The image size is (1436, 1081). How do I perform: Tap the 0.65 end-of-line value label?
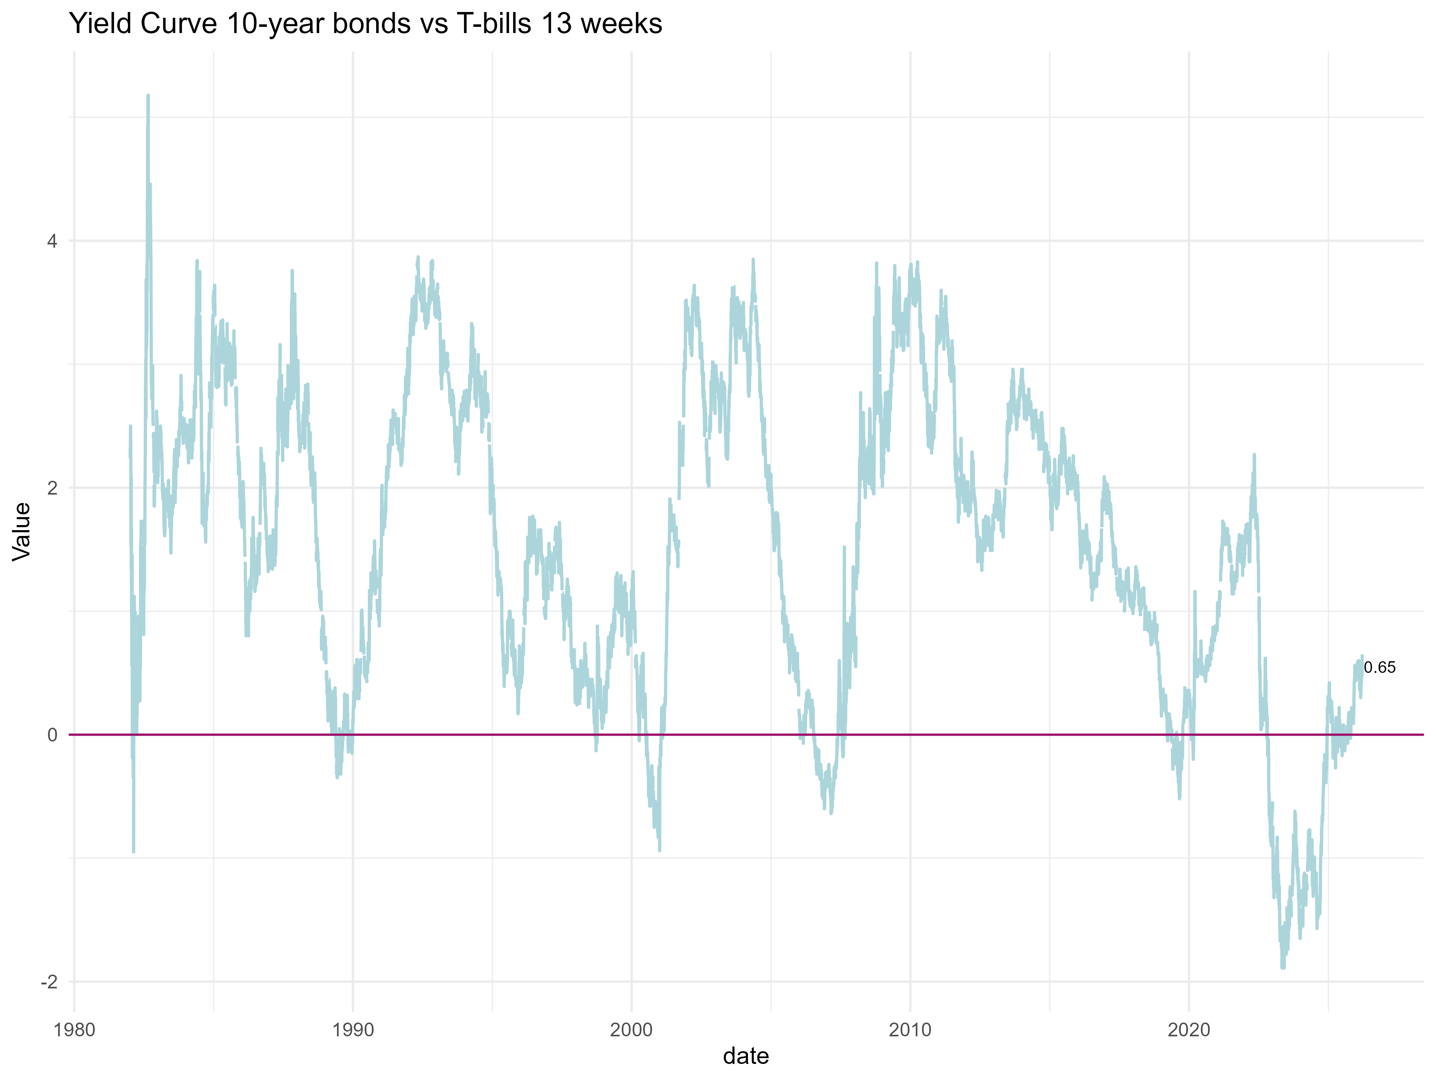(x=1379, y=667)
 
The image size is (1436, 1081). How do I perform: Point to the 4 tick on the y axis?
(x=52, y=241)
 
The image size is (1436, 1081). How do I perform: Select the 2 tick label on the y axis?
(x=52, y=488)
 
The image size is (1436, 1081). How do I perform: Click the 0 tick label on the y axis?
(x=52, y=735)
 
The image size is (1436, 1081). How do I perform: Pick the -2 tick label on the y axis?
(x=49, y=982)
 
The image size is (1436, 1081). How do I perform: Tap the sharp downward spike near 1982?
(x=133, y=850)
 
